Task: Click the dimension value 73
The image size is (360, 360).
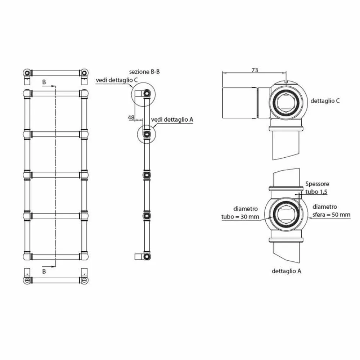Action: point(255,70)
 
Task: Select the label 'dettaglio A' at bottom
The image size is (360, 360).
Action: point(287,271)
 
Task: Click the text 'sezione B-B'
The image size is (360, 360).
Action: point(144,72)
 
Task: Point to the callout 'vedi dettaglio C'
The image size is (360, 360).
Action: point(117,80)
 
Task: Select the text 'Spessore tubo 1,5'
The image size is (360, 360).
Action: point(316,188)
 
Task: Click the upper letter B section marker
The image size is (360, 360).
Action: point(44,82)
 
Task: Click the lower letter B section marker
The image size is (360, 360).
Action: point(44,271)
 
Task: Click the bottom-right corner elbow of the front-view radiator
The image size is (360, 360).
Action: point(84,256)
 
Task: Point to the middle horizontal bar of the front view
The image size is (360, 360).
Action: point(56,175)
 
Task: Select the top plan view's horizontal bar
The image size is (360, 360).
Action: point(56,72)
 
